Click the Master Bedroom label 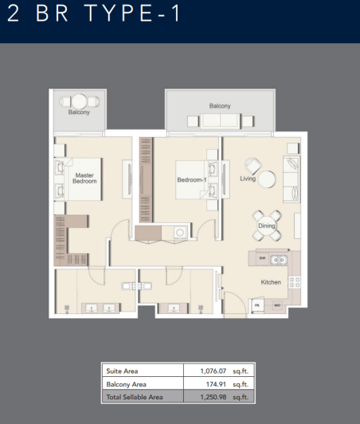coord(84,178)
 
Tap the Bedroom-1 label coord(192,180)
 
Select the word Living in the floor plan coord(247,179)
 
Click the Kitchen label coord(272,282)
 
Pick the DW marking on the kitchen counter coord(261,257)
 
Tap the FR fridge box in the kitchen coord(257,304)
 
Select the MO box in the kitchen coord(278,304)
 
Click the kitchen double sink coord(278,258)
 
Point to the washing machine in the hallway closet coord(180,233)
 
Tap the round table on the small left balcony coord(79,101)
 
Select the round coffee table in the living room coord(265,179)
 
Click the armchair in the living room coord(251,164)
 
